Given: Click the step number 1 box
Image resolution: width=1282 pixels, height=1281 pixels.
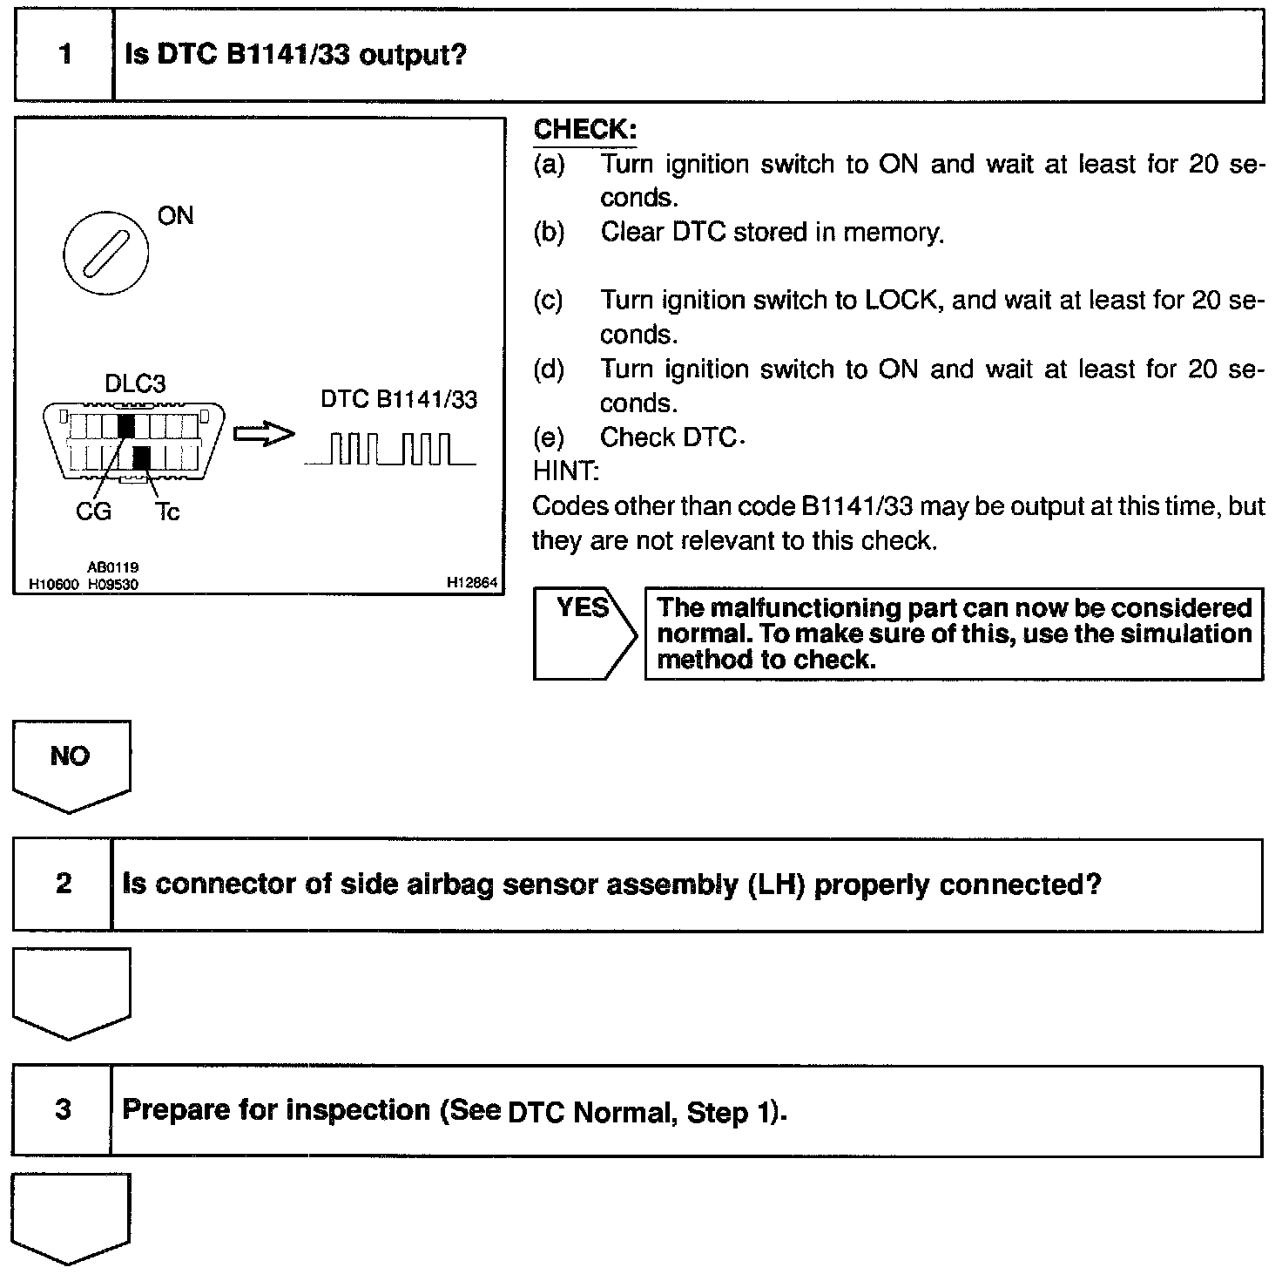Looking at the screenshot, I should tap(64, 56).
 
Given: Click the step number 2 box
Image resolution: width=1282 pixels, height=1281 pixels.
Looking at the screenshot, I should tap(63, 884).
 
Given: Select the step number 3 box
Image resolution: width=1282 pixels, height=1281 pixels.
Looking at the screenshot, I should tap(63, 1109).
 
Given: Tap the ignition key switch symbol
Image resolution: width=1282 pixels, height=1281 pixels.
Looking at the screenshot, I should tap(105, 254).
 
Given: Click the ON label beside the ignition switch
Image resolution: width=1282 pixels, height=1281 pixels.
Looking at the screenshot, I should tap(175, 215).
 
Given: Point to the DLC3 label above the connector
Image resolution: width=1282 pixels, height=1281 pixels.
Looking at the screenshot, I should tap(135, 383).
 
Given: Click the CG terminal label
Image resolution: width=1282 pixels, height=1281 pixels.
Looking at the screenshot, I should tap(93, 512).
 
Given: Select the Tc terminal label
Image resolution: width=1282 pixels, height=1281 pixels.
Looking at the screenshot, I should tap(167, 512).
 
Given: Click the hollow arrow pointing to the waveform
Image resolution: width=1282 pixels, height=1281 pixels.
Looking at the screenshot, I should tap(265, 434).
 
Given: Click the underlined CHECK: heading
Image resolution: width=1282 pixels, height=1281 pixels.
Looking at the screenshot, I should tap(584, 130).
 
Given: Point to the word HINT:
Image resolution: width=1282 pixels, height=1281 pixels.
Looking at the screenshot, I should tap(565, 471).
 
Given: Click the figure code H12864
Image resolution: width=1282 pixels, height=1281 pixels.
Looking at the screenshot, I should tap(471, 583).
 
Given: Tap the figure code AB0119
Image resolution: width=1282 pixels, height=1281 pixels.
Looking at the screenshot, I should tap(112, 567).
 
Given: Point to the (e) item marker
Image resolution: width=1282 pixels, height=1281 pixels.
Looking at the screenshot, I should tap(548, 437).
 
